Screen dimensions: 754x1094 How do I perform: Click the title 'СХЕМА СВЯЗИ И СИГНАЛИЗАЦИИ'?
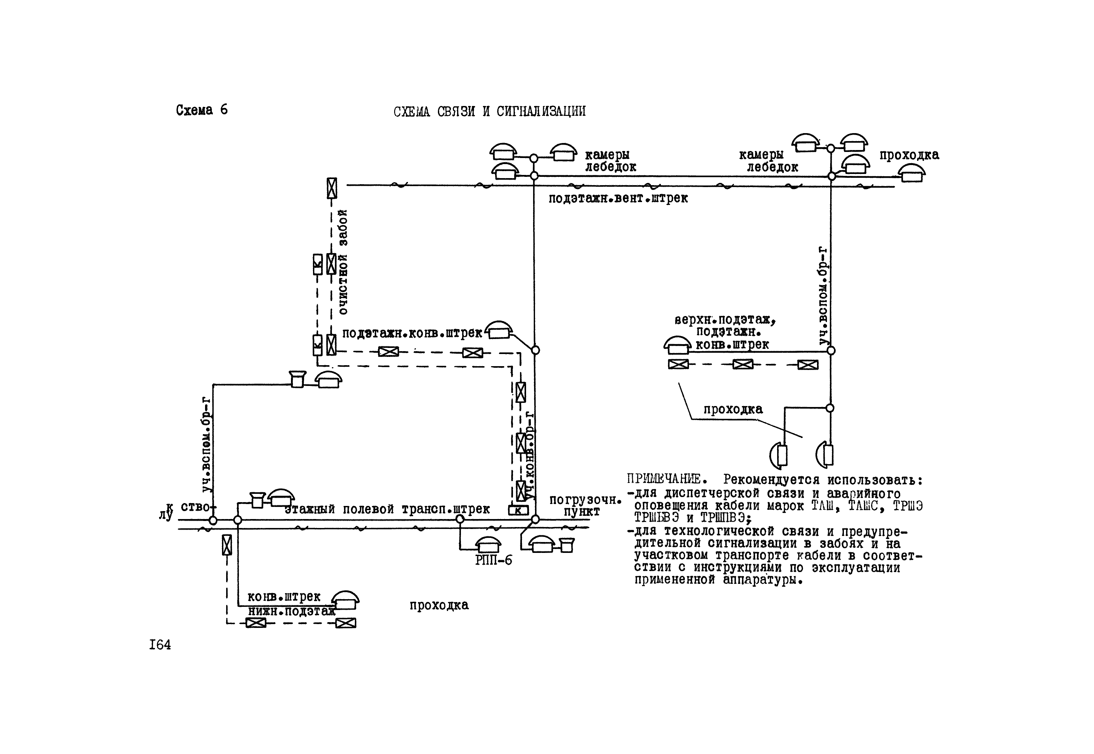point(489,111)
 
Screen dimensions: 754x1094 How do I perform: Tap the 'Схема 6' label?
point(202,110)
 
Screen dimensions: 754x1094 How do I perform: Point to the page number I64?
point(160,645)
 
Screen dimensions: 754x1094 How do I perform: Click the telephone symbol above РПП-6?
point(487,545)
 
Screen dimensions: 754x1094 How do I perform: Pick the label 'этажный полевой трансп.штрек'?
point(387,509)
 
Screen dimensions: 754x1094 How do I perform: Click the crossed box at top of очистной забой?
point(332,188)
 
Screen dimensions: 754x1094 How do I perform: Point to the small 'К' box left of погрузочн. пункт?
point(518,510)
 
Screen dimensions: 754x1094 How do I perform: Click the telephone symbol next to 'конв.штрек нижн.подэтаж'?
point(346,601)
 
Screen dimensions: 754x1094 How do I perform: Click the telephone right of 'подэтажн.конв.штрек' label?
point(499,331)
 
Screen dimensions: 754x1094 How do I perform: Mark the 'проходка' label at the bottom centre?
point(439,605)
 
